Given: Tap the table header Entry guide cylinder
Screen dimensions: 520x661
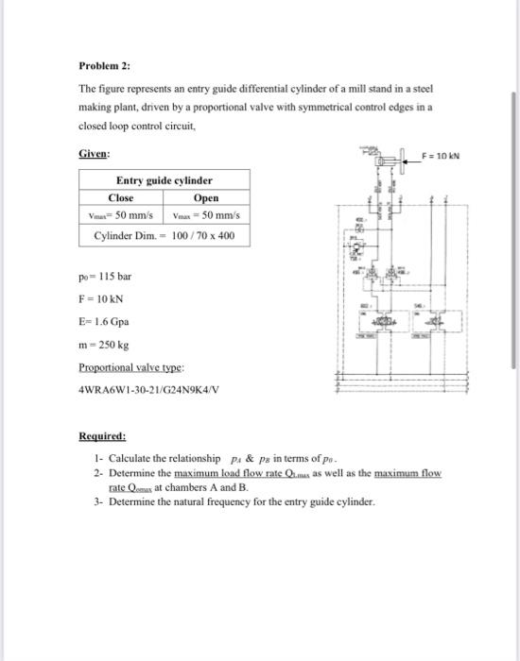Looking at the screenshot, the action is (165, 180).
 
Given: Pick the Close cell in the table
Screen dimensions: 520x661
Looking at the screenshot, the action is (121, 197).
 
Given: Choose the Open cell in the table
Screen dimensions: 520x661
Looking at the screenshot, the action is (205, 197).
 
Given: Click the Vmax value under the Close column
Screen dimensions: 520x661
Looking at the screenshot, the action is (122, 215).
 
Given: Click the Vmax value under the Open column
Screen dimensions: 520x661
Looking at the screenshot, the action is (205, 215).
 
